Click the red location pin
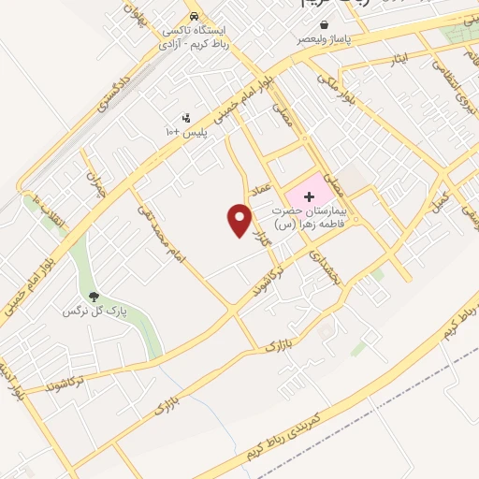240,220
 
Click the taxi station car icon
193,17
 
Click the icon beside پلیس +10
186,119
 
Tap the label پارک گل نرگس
94,310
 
